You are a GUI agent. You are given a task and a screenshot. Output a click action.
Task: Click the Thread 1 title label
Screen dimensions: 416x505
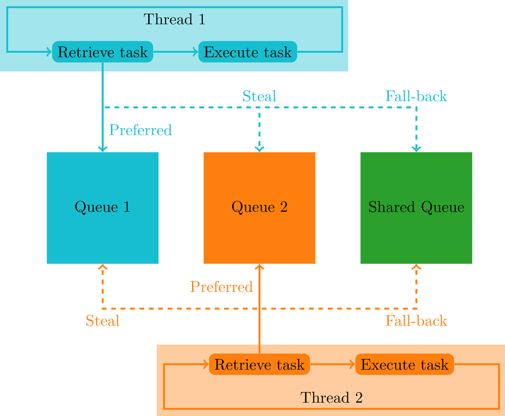click(x=174, y=19)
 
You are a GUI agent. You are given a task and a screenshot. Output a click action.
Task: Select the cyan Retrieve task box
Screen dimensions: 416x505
click(x=102, y=52)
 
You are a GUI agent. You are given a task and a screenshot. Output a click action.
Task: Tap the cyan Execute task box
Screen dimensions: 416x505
click(x=247, y=52)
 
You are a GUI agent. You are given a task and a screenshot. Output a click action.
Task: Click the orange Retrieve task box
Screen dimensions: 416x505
click(x=259, y=364)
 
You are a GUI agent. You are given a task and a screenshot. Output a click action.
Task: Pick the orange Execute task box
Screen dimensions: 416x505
click(x=404, y=364)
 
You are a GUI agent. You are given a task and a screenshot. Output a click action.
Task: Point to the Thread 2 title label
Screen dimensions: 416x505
click(x=331, y=397)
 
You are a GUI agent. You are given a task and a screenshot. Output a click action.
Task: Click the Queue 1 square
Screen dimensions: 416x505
click(x=102, y=208)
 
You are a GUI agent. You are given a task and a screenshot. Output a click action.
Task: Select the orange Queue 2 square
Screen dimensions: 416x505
click(x=259, y=208)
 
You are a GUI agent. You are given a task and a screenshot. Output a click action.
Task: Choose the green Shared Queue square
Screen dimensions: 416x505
click(x=416, y=208)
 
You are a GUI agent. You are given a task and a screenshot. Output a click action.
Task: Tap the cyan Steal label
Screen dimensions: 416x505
click(x=259, y=96)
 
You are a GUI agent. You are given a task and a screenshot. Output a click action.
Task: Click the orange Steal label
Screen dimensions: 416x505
click(x=102, y=321)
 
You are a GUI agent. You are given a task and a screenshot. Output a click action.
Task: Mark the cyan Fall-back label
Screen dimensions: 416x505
click(x=416, y=96)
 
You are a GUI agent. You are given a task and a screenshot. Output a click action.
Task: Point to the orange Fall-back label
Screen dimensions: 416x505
click(x=416, y=321)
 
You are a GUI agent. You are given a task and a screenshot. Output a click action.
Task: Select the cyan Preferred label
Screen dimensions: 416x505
click(x=141, y=130)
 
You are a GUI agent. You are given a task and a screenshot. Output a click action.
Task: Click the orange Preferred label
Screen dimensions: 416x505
click(x=221, y=286)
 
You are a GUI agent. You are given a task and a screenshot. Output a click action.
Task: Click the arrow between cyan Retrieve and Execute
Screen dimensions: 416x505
click(x=175, y=52)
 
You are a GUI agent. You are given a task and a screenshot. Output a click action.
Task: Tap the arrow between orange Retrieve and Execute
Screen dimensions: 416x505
click(x=333, y=364)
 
